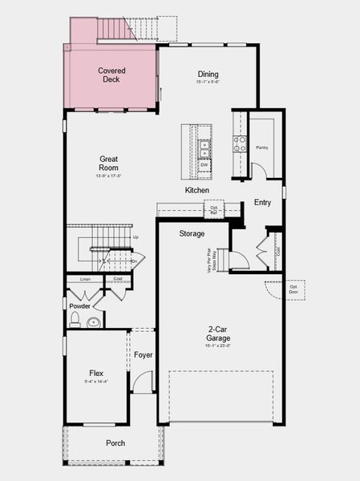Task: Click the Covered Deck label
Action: tap(111, 75)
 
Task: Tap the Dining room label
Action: tap(208, 75)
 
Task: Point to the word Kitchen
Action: tap(197, 190)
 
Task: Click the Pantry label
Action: tap(261, 148)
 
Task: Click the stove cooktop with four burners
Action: tap(239, 143)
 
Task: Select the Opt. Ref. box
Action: tap(215, 210)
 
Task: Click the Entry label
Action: tap(262, 203)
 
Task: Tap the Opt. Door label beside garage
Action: tap(293, 289)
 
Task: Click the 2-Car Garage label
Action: tap(220, 332)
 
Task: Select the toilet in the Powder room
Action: tap(75, 321)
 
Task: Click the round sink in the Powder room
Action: tap(94, 322)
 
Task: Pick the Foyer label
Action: tap(144, 354)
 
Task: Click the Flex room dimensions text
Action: tap(97, 382)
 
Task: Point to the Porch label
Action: tap(115, 443)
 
